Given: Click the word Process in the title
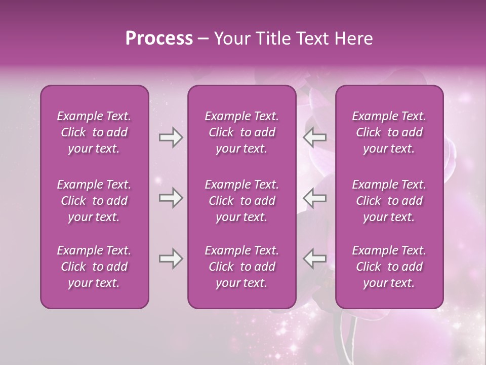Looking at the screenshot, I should tap(159, 39).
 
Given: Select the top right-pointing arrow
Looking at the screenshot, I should tap(171, 137).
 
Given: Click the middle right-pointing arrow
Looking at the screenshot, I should tap(171, 198).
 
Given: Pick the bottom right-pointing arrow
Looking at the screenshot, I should tap(171, 259).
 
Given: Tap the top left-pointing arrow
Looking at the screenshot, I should tap(315, 137).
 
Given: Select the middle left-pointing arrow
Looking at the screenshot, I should tap(315, 198).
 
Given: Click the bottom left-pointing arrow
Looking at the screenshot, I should tap(315, 259).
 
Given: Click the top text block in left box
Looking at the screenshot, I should tap(94, 132).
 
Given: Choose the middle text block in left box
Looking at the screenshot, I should tap(94, 201).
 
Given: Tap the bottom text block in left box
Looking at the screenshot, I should tap(94, 267).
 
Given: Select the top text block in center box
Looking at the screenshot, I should tap(241, 132).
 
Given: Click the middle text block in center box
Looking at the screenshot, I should tap(241, 201).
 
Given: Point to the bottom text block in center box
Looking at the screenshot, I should tap(241, 267).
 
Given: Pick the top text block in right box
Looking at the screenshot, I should tap(389, 132).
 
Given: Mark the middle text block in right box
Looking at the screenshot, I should tap(389, 201).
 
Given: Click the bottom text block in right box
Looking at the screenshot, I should tap(389, 267).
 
